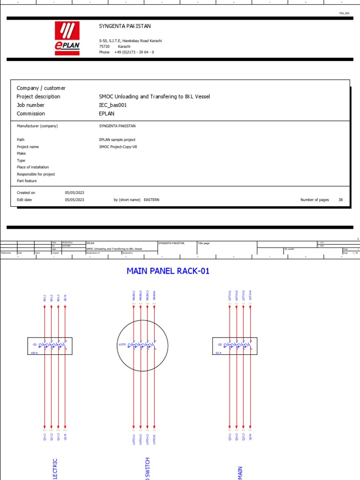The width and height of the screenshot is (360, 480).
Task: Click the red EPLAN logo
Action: pos(67,38)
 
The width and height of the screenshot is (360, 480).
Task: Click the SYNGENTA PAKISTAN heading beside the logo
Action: pos(125,26)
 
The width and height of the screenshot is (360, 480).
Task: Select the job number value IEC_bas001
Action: pos(113,105)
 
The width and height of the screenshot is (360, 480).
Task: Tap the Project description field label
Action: pos(38,97)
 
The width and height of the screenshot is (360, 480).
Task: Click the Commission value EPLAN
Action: pos(107,113)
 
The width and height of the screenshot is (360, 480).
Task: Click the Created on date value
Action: pos(75,193)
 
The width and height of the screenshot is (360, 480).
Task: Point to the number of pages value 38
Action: pos(341,200)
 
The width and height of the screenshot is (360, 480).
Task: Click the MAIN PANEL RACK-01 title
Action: pos(168,271)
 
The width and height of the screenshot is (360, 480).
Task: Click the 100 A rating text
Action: pos(34,353)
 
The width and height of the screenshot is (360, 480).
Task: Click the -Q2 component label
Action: pos(218,345)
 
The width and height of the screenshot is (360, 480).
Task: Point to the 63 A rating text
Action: pos(218,353)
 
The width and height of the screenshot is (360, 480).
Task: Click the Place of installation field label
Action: pos(33,167)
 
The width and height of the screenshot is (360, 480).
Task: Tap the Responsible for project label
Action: pos(36,174)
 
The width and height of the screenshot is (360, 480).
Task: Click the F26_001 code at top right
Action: pos(345,13)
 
